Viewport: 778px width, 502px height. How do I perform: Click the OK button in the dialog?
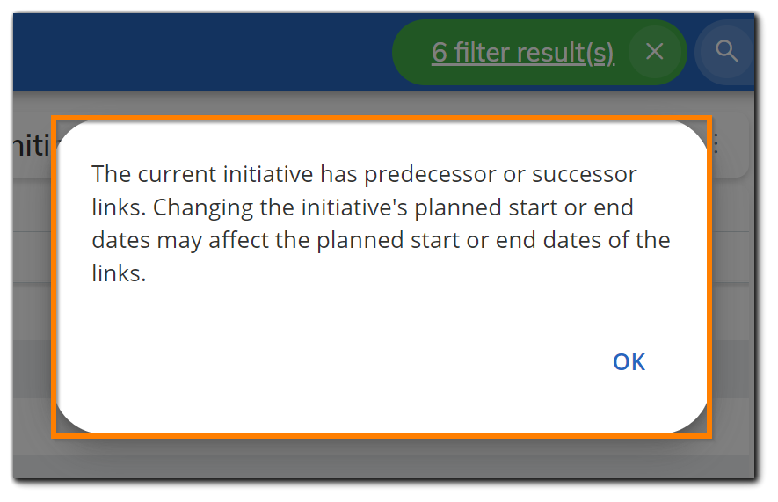click(x=629, y=362)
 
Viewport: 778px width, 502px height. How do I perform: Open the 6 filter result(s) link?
click(x=523, y=53)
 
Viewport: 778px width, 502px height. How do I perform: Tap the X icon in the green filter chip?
click(x=654, y=52)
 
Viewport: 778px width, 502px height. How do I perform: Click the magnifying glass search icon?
click(x=726, y=52)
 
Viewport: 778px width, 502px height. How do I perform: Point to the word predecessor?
click(x=430, y=174)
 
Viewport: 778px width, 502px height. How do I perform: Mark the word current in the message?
click(x=179, y=174)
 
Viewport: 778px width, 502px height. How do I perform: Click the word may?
click(x=184, y=240)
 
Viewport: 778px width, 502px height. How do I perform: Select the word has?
click(x=338, y=174)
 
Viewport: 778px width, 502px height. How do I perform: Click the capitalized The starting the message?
click(x=111, y=174)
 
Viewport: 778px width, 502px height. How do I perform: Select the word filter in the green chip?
click(x=482, y=53)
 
